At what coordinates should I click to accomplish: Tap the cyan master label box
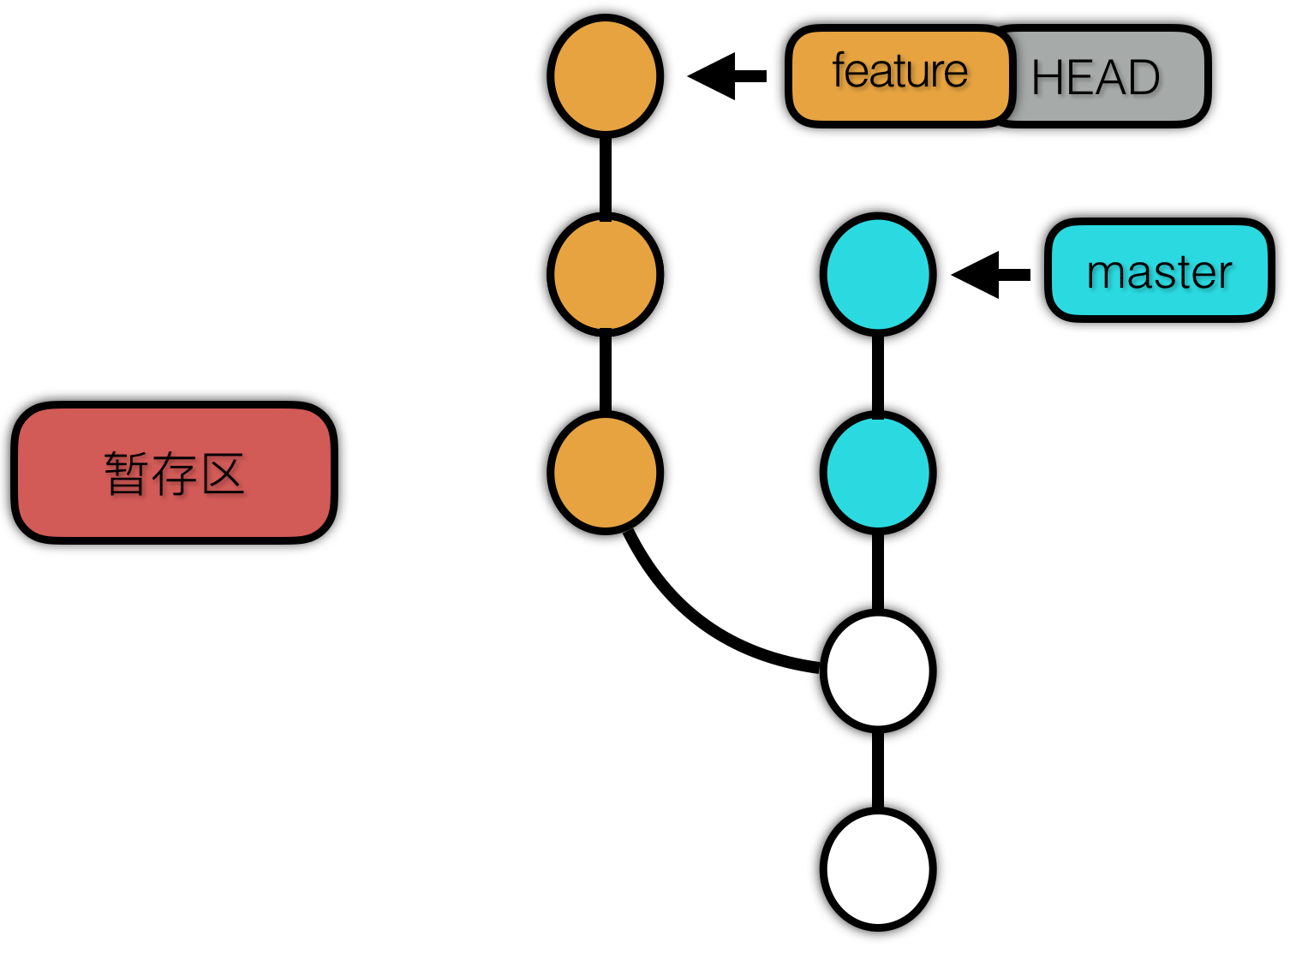click(1159, 271)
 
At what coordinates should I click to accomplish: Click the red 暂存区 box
click(174, 473)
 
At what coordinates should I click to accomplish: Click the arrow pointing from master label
click(990, 274)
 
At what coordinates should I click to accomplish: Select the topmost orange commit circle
click(606, 76)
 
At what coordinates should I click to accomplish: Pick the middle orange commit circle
click(606, 274)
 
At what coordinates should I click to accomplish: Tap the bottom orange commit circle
click(606, 473)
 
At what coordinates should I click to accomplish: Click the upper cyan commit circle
click(878, 274)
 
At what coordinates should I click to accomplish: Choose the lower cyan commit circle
click(878, 473)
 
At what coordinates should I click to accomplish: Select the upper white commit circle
click(878, 671)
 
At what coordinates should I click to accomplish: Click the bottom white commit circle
click(878, 869)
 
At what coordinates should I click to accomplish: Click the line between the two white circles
click(878, 770)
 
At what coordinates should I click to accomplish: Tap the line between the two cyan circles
click(878, 373)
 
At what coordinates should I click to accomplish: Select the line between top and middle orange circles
click(606, 176)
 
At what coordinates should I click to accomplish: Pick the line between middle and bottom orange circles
click(606, 373)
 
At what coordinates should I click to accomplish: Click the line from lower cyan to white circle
click(878, 572)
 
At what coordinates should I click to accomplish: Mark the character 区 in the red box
click(223, 474)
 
